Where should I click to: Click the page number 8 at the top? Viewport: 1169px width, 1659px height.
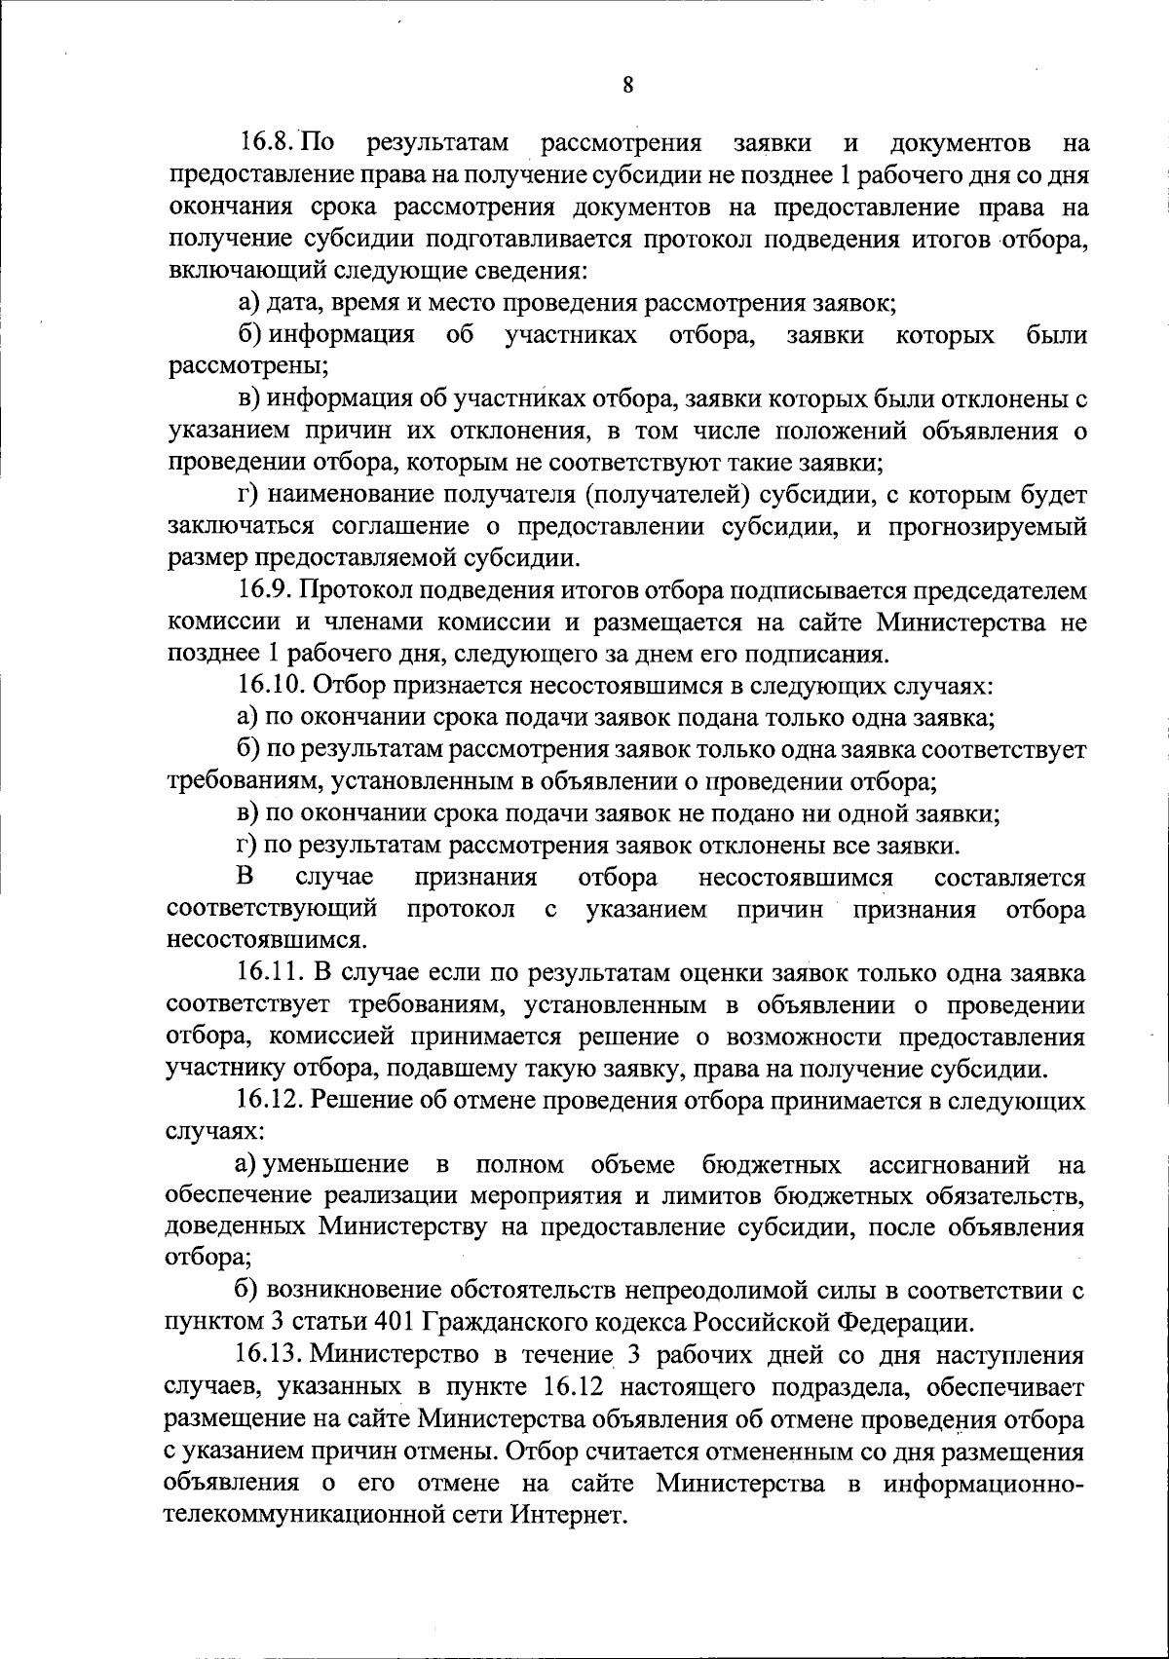click(x=628, y=84)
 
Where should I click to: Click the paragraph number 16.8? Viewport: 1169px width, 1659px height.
click(x=265, y=144)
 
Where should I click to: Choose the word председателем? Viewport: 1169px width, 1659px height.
click(x=999, y=590)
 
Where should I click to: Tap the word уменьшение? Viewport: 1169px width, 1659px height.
click(x=329, y=1164)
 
